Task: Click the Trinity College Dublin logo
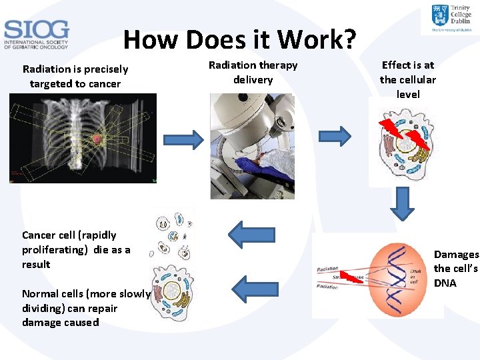click(451, 18)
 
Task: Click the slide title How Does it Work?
click(240, 40)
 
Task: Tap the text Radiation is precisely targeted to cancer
click(75, 76)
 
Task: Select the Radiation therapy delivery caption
click(253, 72)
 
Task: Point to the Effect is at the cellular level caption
click(408, 79)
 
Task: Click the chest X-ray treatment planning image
click(83, 138)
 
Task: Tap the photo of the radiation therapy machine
click(252, 146)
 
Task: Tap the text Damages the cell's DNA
click(456, 269)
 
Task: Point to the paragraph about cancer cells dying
click(76, 249)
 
